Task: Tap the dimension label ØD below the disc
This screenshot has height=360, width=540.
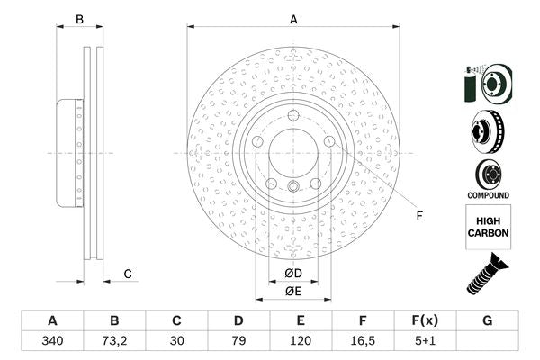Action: click(x=294, y=273)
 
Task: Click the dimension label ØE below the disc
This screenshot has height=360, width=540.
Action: click(x=293, y=291)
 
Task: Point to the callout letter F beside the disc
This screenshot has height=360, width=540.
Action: click(x=418, y=214)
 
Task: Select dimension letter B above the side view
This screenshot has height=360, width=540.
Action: click(x=79, y=19)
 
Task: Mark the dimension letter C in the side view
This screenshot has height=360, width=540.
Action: click(x=128, y=274)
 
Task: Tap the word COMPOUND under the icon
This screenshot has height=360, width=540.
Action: click(x=489, y=195)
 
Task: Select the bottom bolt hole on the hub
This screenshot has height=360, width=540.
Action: click(x=293, y=186)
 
